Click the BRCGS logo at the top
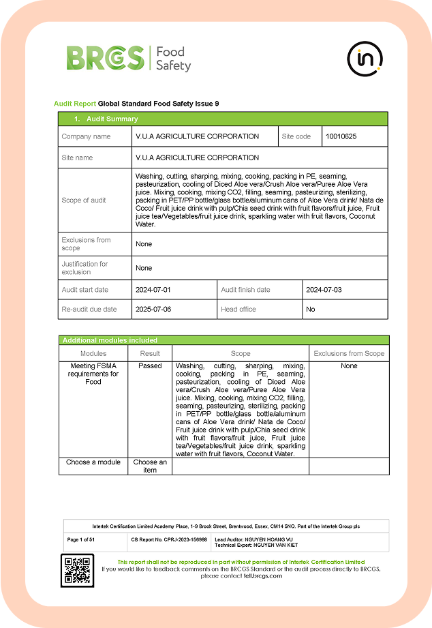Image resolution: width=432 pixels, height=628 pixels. [x=128, y=59]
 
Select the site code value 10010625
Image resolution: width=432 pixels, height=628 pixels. [x=341, y=136]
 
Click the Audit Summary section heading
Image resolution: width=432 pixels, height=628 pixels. [x=106, y=119]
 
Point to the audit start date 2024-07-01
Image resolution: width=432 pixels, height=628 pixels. [x=153, y=290]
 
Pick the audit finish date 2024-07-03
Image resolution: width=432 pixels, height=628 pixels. [x=324, y=290]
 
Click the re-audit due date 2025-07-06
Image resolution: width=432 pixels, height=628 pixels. [x=153, y=309]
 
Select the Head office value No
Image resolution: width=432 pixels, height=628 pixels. [x=311, y=309]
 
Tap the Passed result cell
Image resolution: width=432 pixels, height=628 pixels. [x=150, y=366]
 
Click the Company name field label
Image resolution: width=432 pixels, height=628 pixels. [x=86, y=136]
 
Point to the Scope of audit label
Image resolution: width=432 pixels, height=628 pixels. [x=84, y=200]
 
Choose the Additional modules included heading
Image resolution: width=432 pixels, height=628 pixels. [x=110, y=340]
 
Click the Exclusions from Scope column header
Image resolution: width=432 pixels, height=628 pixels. [x=349, y=353]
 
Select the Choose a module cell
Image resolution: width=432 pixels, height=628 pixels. [x=93, y=462]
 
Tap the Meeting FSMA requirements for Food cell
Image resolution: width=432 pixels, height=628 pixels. [x=93, y=374]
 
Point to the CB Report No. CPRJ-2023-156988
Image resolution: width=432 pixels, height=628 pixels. [x=168, y=539]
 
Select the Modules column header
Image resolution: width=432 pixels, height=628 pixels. [x=93, y=353]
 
